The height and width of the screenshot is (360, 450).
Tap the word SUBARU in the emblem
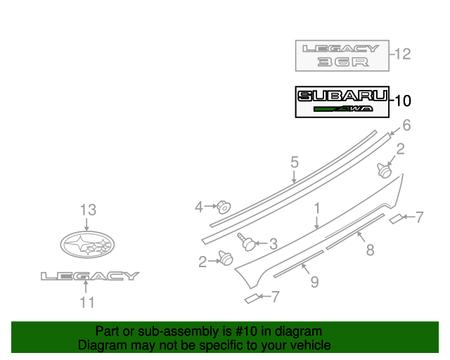pos(342,96)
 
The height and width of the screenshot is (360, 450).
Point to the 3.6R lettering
pos(342,63)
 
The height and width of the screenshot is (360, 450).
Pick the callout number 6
pos(406,127)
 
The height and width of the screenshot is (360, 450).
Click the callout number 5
pos(295,163)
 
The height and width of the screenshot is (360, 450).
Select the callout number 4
pos(199,207)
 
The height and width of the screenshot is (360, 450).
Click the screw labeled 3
pos(247,241)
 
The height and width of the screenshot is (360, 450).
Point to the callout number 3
pos(273,244)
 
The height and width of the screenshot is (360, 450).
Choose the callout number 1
pos(317,209)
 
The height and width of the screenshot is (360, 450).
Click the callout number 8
pos(370,249)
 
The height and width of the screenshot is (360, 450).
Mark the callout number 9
pos(314,282)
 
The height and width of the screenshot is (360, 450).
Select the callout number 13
pos(87,210)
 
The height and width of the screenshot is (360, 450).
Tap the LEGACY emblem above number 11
pos(89,276)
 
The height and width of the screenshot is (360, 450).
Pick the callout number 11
pos(86,303)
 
